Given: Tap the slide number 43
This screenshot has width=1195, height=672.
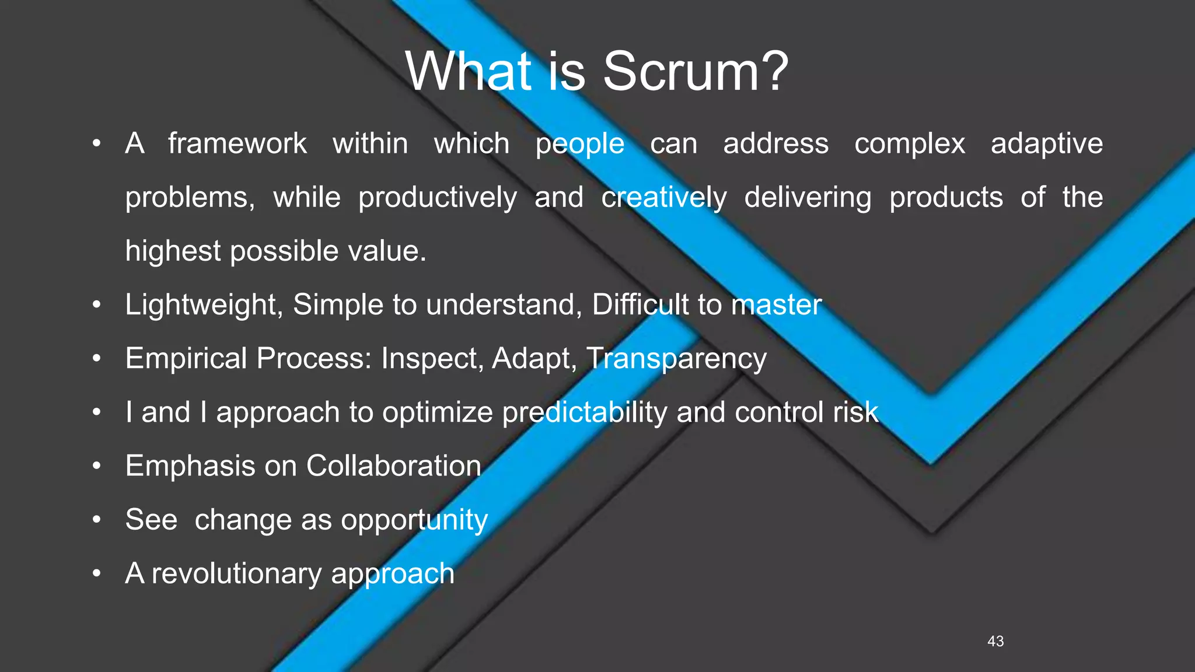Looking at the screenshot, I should (995, 641).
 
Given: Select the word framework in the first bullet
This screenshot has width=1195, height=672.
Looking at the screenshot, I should (237, 143).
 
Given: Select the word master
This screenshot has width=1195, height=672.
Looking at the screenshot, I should (777, 305).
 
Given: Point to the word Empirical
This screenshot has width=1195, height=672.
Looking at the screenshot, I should (186, 359).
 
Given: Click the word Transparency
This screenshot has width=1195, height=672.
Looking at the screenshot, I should (676, 359).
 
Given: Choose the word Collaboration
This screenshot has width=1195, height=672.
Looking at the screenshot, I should (394, 466).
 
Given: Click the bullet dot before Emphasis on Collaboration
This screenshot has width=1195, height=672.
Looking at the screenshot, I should (97, 466).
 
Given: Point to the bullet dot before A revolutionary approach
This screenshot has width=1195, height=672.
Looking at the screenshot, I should (97, 573).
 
